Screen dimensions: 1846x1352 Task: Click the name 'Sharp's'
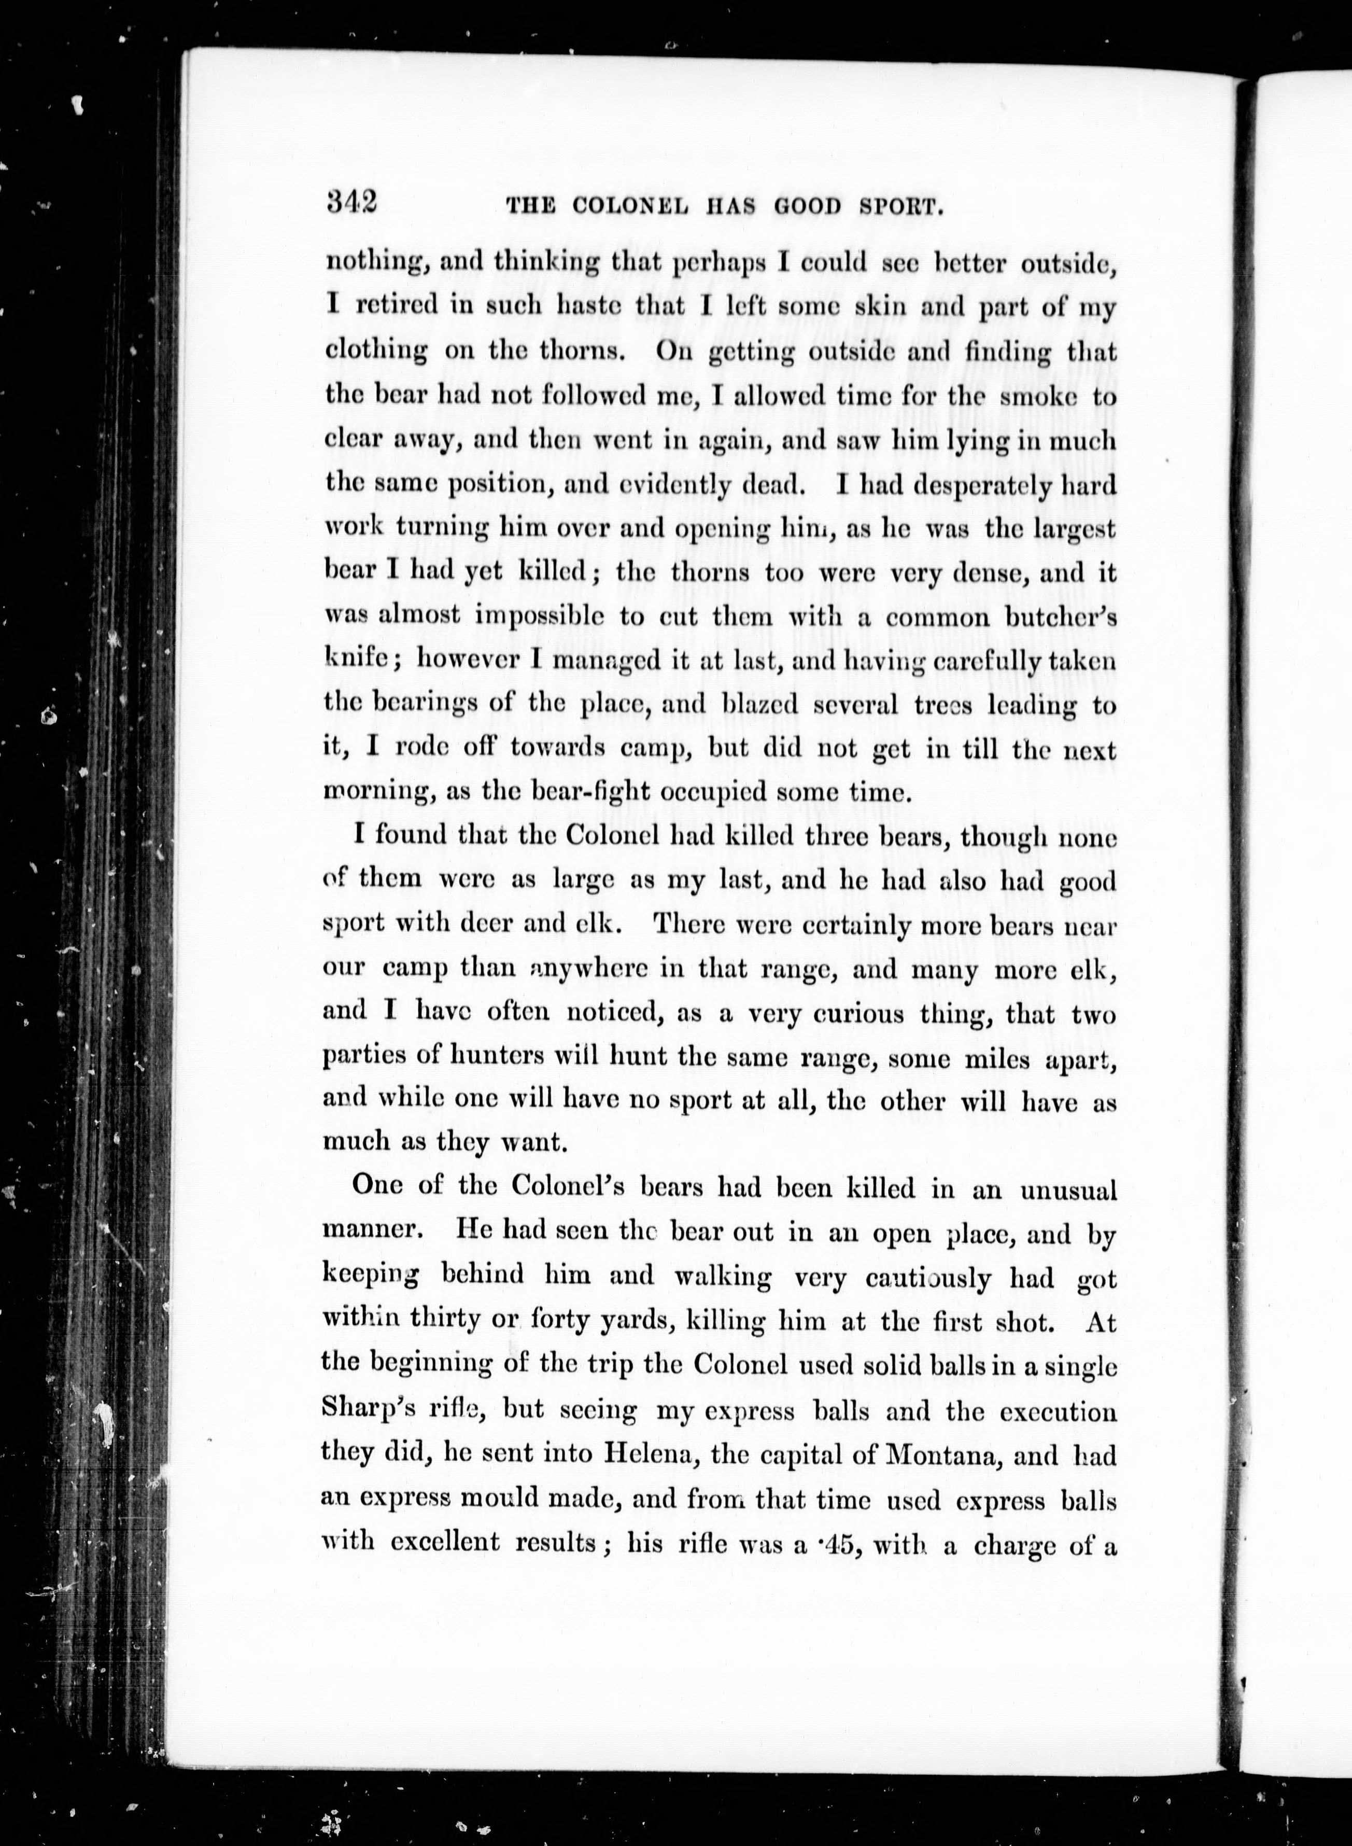(x=366, y=1410)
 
